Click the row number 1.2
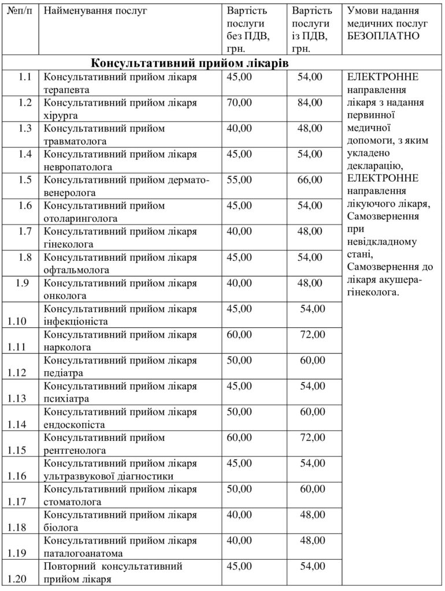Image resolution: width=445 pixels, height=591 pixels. click(24, 103)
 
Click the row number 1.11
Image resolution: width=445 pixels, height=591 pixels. click(21, 347)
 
